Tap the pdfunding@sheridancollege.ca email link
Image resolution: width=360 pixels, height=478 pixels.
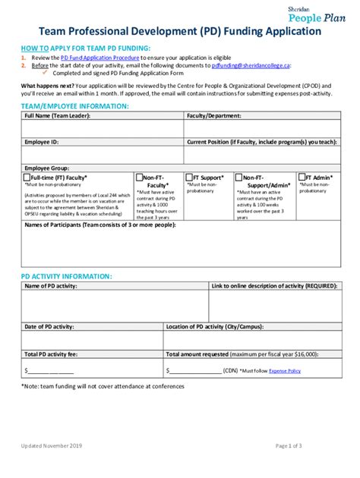click(251, 65)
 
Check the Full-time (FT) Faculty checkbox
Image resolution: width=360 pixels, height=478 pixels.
click(27, 178)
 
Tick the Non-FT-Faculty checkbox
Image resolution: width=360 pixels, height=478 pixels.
click(138, 178)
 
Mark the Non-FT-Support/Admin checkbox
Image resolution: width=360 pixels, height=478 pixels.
click(240, 178)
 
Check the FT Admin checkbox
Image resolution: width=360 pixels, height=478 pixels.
click(302, 178)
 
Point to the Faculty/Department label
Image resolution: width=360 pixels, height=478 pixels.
click(214, 116)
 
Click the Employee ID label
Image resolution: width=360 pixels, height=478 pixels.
click(42, 142)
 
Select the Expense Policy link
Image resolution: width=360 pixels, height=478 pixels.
click(284, 371)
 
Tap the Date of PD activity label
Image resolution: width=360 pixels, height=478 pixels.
click(49, 326)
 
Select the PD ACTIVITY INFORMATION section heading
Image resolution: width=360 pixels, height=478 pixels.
click(67, 276)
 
